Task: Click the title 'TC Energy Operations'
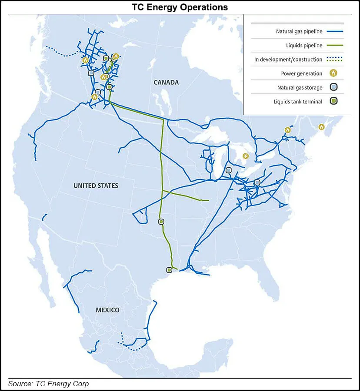pos(180,7)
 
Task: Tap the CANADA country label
pos(166,83)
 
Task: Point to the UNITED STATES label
pos(96,186)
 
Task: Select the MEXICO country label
pos(107,310)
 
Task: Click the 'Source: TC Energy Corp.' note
pos(50,384)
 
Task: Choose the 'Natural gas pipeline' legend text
pos(299,31)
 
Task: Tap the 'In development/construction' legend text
pos(288,60)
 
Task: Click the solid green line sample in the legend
pos(333,45)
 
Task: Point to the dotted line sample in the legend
pos(333,60)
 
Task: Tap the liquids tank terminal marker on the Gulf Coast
pos(169,270)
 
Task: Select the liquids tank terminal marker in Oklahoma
pos(161,222)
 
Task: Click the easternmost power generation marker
pos(321,127)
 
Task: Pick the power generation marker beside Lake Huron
pos(246,156)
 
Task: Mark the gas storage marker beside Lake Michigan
pos(229,170)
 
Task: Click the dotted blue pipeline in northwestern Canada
pos(65,53)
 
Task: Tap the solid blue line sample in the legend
pos(333,31)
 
